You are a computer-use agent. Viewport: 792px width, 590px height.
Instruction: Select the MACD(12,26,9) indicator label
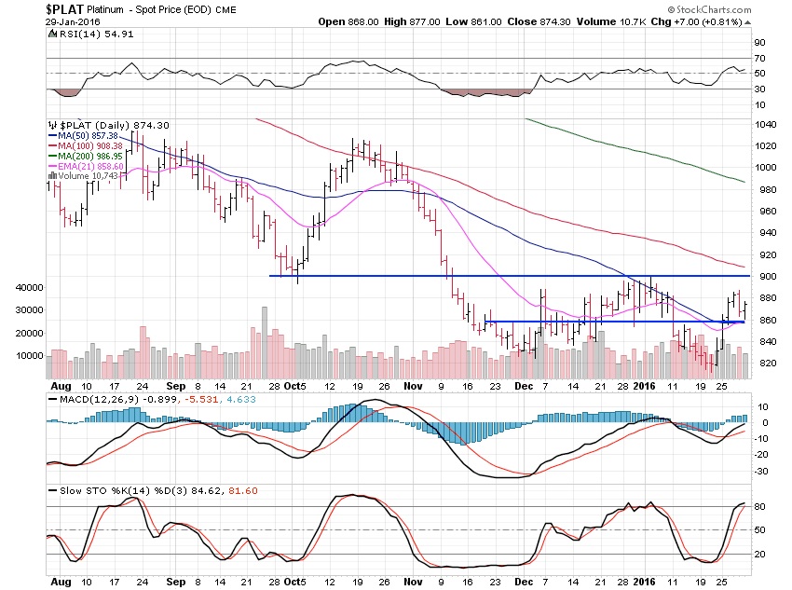pyautogui.click(x=86, y=400)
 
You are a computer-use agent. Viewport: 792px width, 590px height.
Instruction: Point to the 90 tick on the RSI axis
pyautogui.click(x=758, y=42)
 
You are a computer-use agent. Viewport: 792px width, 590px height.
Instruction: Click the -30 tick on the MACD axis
pyautogui.click(x=760, y=471)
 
